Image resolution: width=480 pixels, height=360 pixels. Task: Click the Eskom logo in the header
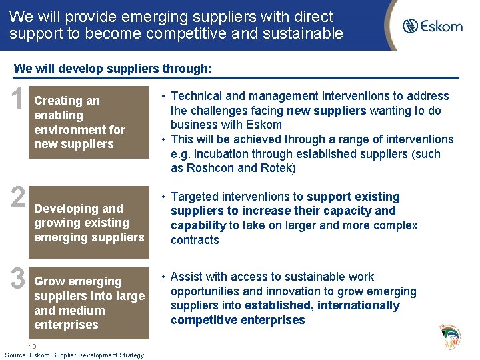click(x=441, y=26)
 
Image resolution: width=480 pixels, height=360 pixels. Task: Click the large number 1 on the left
click(x=16, y=102)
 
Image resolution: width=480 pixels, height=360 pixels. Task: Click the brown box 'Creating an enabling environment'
click(x=89, y=122)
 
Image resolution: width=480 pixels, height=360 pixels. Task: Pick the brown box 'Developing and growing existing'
click(x=89, y=223)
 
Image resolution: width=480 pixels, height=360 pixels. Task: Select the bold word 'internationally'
click(x=359, y=305)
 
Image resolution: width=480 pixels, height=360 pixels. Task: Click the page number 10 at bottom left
click(x=33, y=346)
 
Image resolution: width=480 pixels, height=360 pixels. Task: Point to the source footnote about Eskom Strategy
click(x=74, y=355)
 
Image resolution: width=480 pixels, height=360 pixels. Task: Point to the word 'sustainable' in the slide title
click(x=310, y=33)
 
